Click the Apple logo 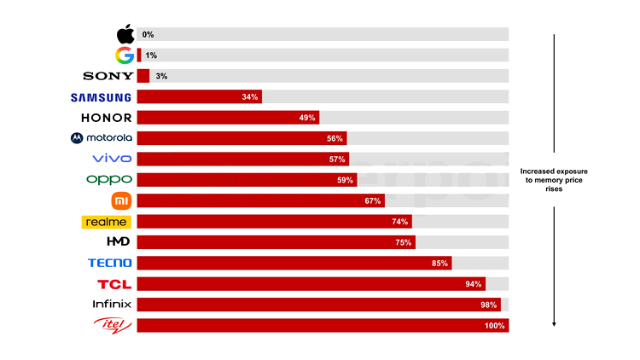(125, 34)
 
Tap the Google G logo (125, 55)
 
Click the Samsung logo (102, 96)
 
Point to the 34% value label (250, 97)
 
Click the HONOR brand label (106, 118)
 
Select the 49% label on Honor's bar (308, 118)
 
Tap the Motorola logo (102, 138)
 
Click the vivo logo (112, 159)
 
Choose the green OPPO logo (109, 179)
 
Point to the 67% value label (372, 200)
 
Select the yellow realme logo (107, 222)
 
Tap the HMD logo (117, 242)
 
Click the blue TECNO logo (109, 263)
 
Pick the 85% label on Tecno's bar (439, 263)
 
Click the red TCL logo (114, 283)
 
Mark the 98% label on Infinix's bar (489, 305)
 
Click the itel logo (113, 325)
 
